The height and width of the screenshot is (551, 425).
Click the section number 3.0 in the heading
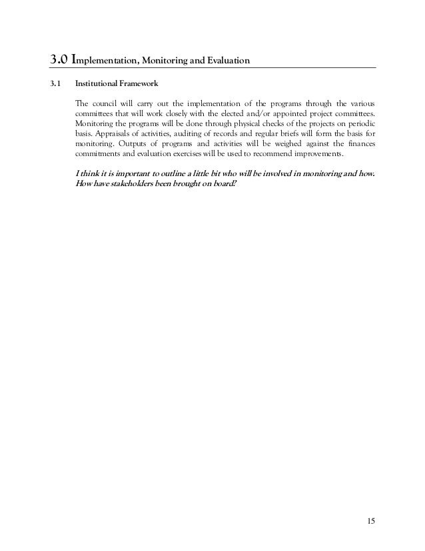(x=59, y=62)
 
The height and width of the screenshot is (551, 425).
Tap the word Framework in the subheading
(x=137, y=85)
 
